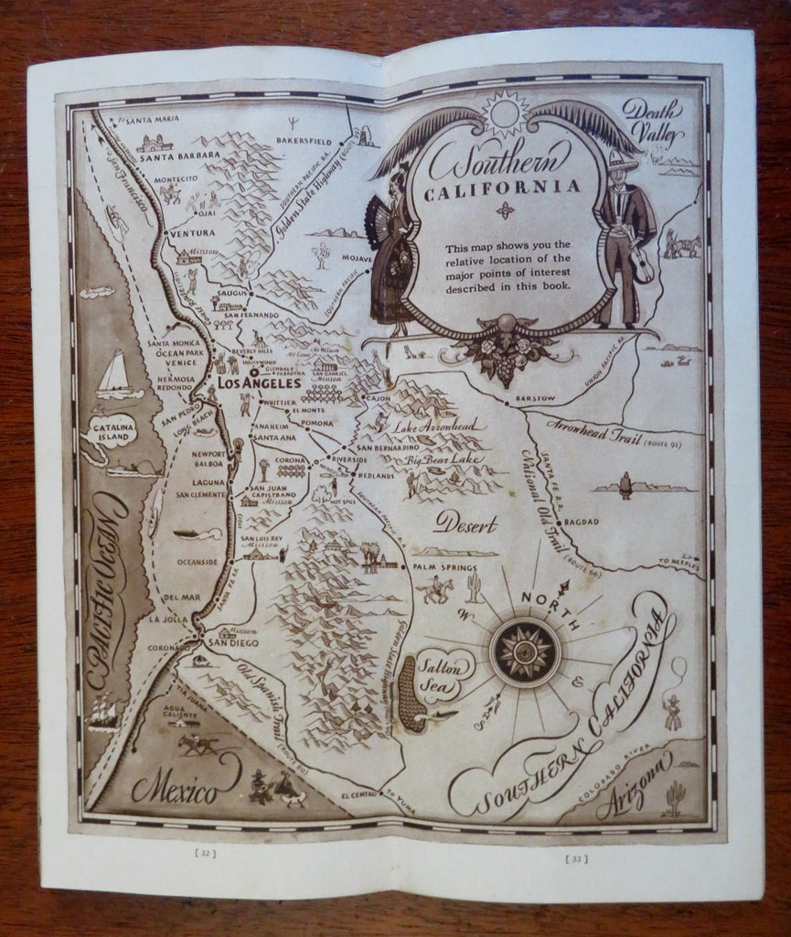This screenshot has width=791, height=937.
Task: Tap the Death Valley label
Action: (x=653, y=123)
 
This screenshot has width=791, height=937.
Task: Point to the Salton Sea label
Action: (x=443, y=665)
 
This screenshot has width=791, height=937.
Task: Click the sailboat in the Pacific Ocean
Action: (x=117, y=375)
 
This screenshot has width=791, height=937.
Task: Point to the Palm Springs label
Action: (x=434, y=567)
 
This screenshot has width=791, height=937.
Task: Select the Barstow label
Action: (x=535, y=399)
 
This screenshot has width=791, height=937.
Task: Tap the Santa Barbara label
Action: (x=179, y=156)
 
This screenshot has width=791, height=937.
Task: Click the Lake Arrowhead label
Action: (x=442, y=425)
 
